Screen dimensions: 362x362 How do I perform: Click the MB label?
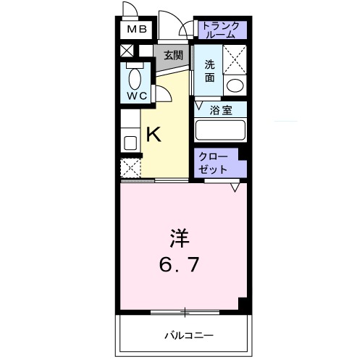click(x=137, y=30)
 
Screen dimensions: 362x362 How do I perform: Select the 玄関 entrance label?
click(x=172, y=55)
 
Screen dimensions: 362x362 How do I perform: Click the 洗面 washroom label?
click(x=209, y=69)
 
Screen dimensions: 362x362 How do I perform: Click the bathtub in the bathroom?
click(x=222, y=131)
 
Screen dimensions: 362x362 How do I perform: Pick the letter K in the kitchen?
click(x=154, y=134)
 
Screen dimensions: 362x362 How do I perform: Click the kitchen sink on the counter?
click(x=130, y=142)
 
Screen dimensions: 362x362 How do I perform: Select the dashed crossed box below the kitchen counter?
click(x=130, y=169)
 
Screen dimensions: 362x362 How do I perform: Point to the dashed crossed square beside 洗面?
click(x=235, y=59)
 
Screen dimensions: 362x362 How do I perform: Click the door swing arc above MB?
click(x=130, y=10)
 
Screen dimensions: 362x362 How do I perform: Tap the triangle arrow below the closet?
click(x=235, y=187)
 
